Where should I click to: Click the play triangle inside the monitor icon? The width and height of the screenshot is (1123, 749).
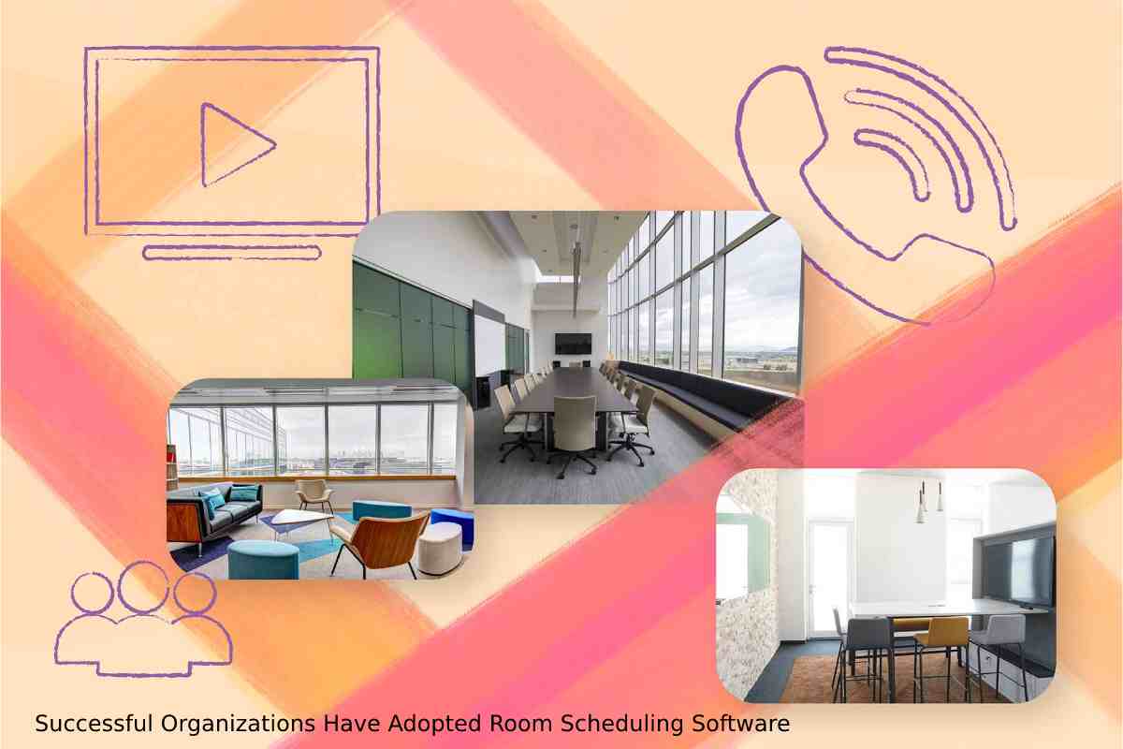[x=230, y=144]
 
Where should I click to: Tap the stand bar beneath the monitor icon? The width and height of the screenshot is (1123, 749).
[x=232, y=253]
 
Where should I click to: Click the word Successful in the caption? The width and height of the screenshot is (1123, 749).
[x=94, y=724]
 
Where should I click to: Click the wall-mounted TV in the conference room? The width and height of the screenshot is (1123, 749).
[x=573, y=344]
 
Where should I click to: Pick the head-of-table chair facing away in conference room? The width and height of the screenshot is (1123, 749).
[x=574, y=433]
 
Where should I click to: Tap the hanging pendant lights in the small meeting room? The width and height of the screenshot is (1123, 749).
[x=929, y=502]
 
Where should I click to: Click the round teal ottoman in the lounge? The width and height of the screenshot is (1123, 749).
[x=263, y=559]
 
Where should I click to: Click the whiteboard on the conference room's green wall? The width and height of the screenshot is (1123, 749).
[x=489, y=345]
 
